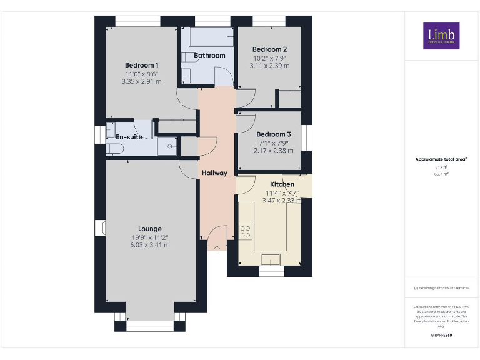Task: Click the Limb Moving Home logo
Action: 441,36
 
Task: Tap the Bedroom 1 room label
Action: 142,66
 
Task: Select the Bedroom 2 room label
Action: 269,50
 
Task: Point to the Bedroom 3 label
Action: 273,134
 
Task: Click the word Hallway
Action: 214,173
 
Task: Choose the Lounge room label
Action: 150,229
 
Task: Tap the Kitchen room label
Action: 282,184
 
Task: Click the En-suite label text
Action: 129,137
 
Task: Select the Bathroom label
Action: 209,56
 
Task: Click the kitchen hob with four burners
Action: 246,232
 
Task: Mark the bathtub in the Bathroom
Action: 211,39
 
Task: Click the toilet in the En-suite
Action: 114,148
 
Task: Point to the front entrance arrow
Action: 217,247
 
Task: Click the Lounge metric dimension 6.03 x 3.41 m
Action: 150,245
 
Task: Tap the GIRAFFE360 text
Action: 442,336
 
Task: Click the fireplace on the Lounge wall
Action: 99,227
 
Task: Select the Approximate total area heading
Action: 441,159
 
